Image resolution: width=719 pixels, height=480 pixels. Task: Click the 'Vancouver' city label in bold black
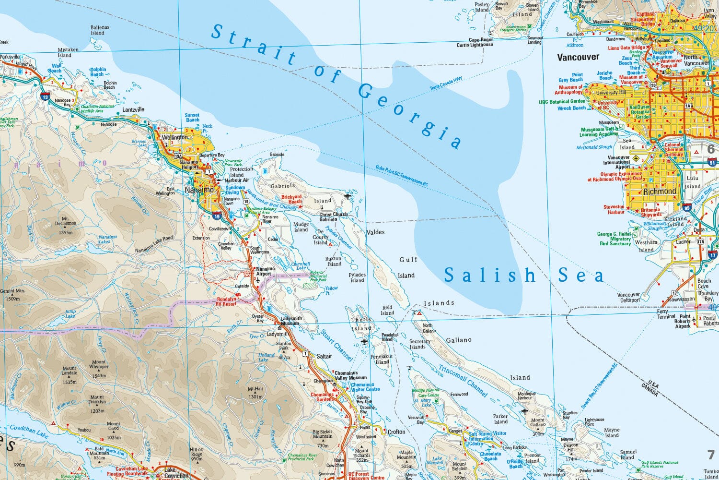pos(578,57)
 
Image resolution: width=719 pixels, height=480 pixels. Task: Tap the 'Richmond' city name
pos(660,191)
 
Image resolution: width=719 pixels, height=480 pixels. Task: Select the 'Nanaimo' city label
pos(199,190)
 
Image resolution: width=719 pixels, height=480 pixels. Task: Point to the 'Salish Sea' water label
pos(523,275)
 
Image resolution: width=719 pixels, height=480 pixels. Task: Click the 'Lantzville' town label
pos(133,109)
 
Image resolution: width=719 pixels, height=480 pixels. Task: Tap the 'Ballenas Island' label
pos(100,30)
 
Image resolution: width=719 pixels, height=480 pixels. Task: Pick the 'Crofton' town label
pos(396,432)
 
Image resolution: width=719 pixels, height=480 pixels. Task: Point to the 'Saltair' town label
pos(324,356)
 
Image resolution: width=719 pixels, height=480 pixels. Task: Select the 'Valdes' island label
pos(375,232)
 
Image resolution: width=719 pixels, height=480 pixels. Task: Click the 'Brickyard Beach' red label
pos(291,199)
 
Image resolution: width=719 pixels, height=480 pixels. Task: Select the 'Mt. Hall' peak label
pos(255,393)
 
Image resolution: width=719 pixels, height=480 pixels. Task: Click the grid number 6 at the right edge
pos(711,149)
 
